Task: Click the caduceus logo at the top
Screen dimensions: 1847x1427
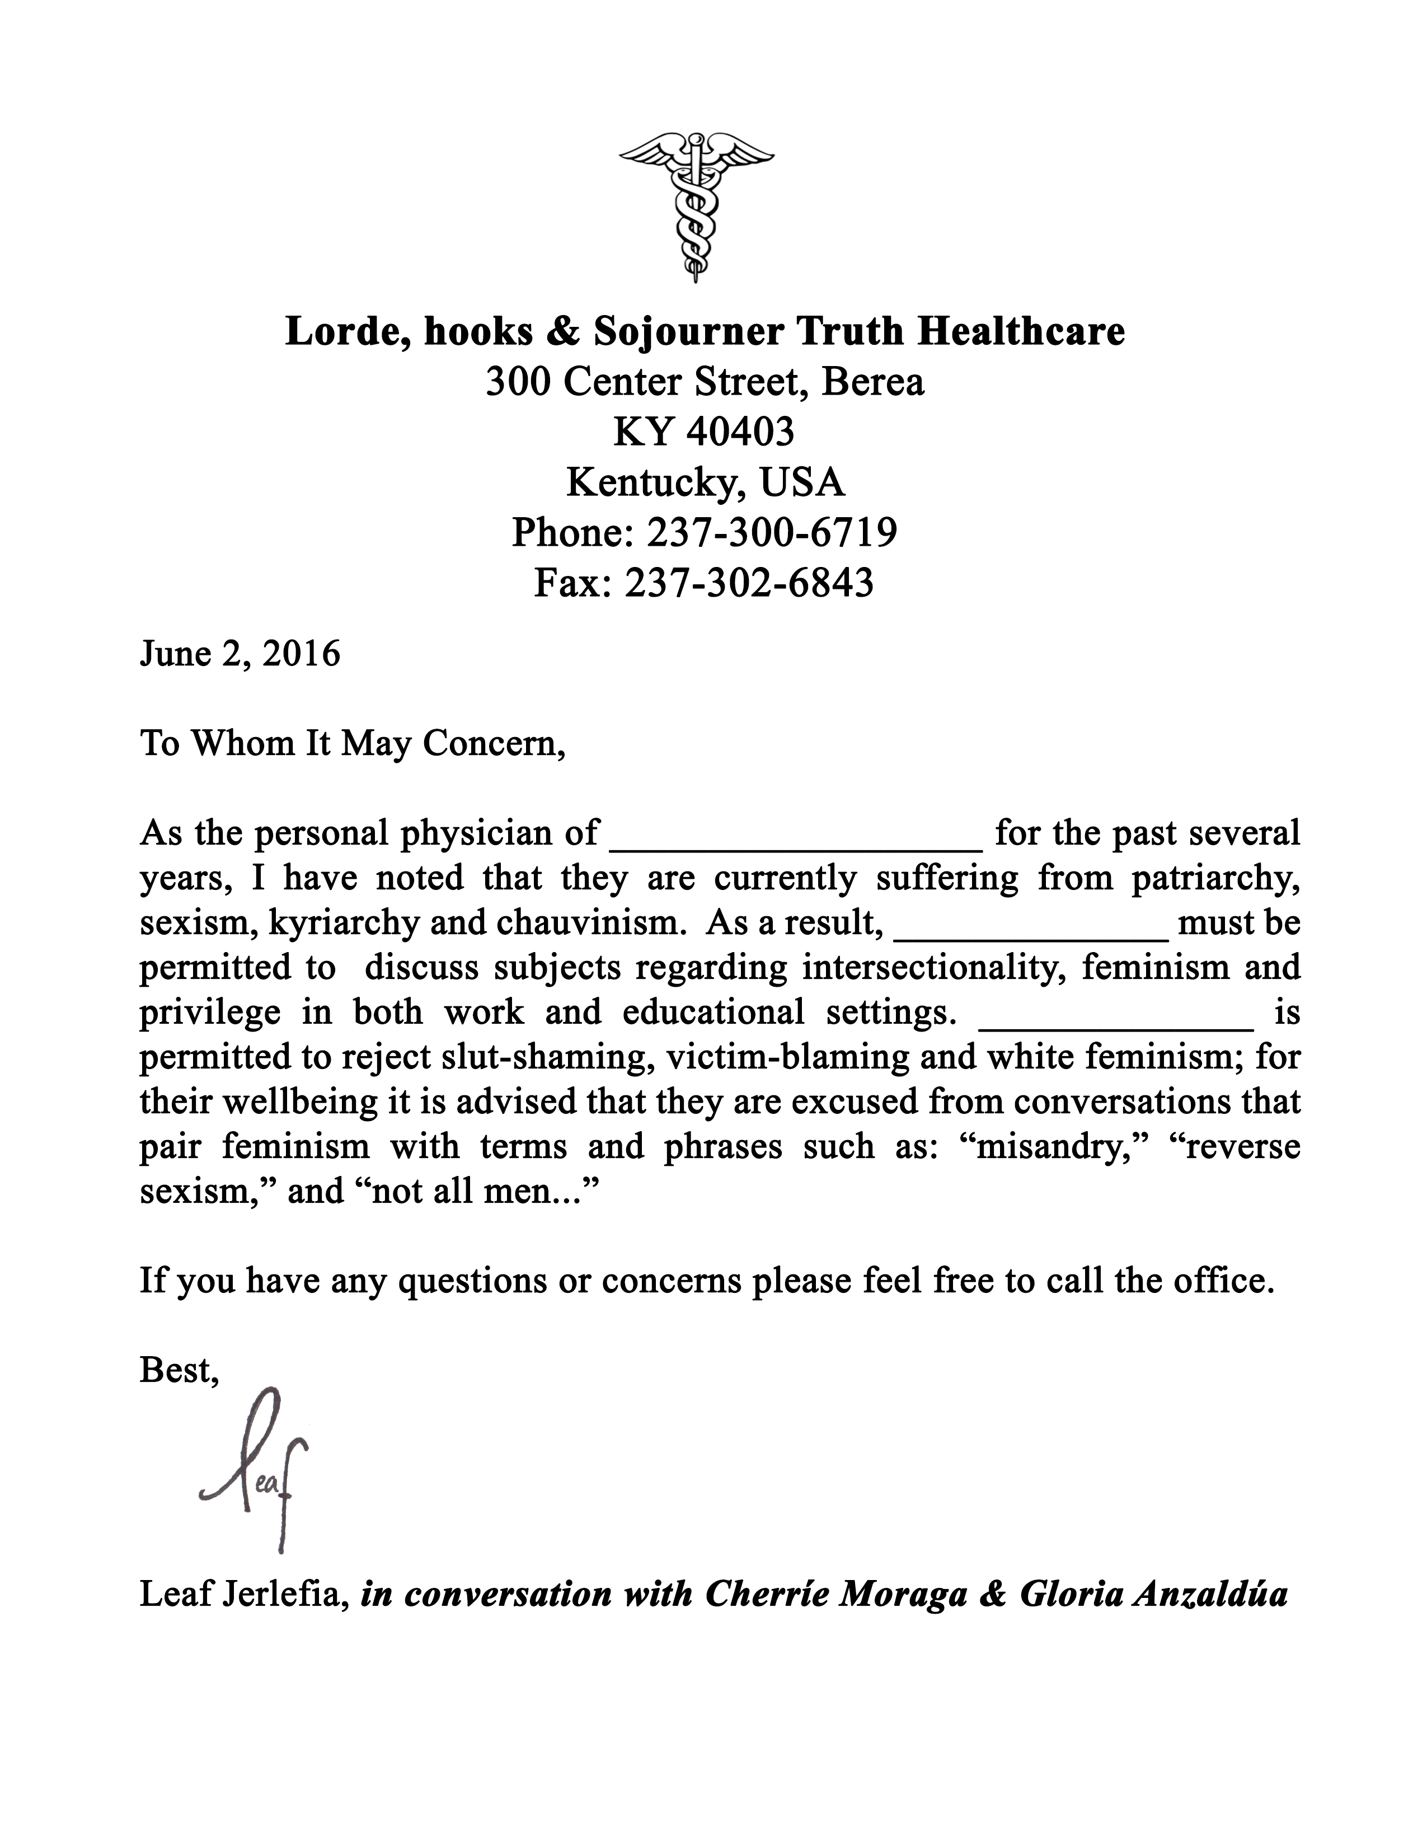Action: point(696,207)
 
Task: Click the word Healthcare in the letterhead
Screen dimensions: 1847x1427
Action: point(1021,331)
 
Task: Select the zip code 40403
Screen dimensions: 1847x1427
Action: point(740,432)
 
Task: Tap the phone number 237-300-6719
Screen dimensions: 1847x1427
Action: point(771,533)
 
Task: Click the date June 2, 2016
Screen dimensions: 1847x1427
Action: point(240,654)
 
